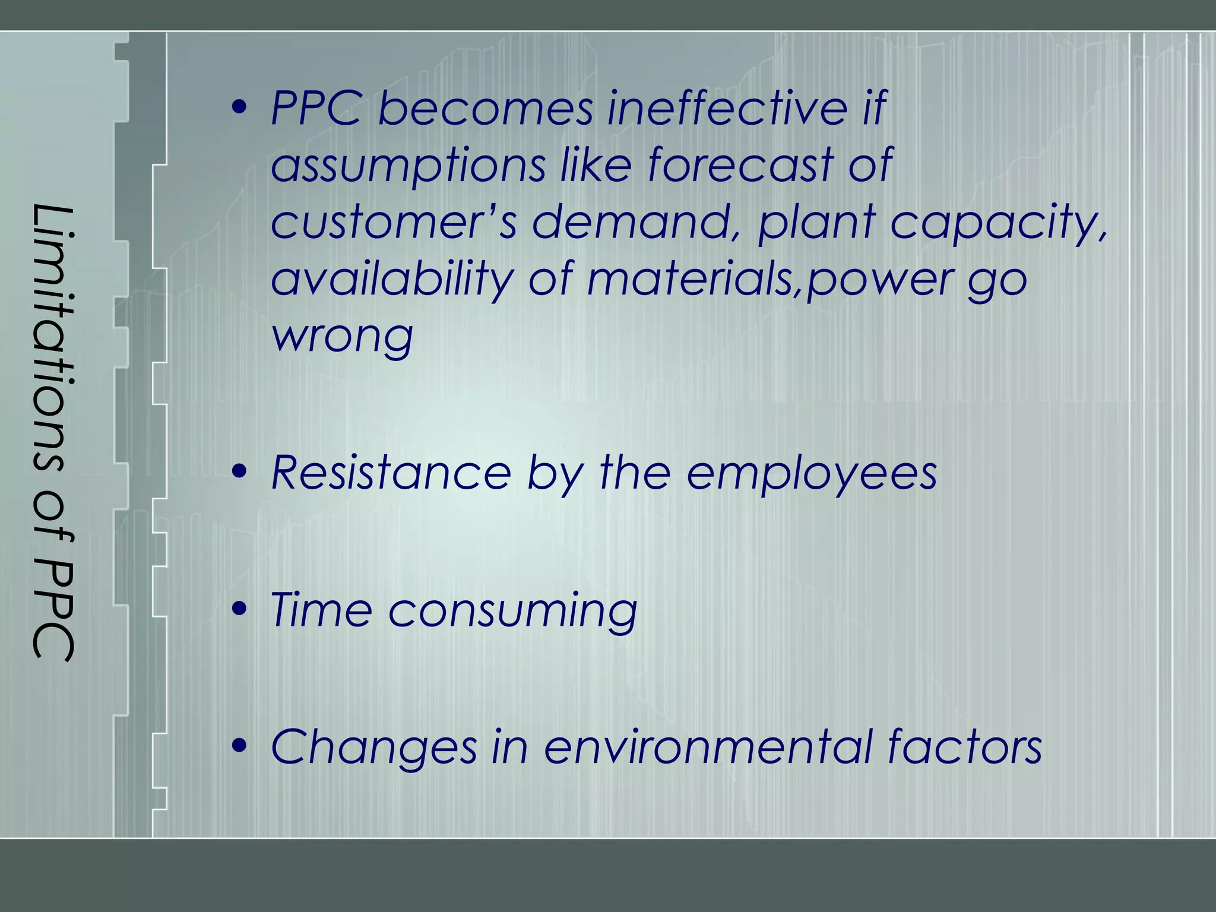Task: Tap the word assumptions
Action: pos(408,165)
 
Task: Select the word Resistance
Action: pos(391,473)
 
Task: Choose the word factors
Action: pos(965,747)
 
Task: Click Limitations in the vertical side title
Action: pos(53,338)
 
